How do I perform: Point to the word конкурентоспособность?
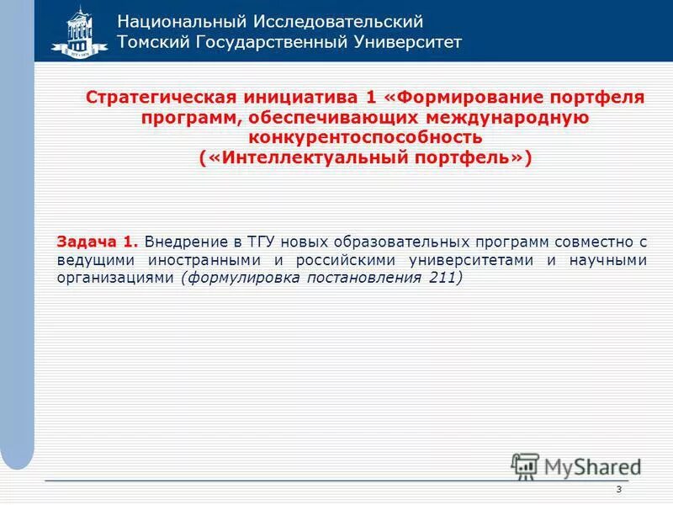click(x=365, y=137)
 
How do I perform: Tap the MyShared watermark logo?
click(x=575, y=465)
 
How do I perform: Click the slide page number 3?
click(x=618, y=491)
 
